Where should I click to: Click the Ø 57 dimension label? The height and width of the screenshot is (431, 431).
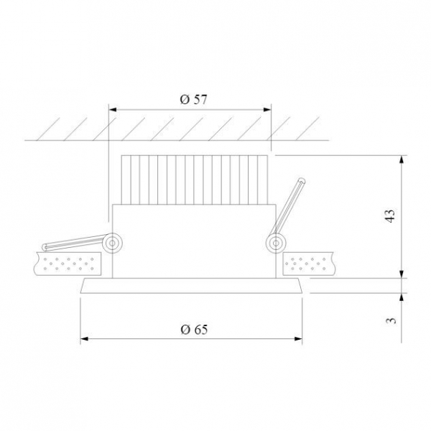pyautogui.click(x=193, y=100)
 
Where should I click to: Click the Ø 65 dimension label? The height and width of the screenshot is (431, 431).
pyautogui.click(x=194, y=329)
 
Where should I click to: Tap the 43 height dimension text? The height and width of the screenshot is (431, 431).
pyautogui.click(x=390, y=216)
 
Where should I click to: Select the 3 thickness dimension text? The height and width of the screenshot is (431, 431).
pyautogui.click(x=391, y=320)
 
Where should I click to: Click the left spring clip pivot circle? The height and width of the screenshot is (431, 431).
pyautogui.click(x=112, y=243)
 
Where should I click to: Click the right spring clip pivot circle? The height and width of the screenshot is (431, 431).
pyautogui.click(x=276, y=243)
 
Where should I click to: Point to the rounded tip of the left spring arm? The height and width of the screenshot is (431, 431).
pyautogui.click(x=44, y=247)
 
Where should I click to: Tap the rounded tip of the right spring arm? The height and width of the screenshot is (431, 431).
pyautogui.click(x=302, y=181)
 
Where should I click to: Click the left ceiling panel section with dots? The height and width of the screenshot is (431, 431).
pyautogui.click(x=68, y=264)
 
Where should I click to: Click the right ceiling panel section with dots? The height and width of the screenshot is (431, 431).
pyautogui.click(x=309, y=264)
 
